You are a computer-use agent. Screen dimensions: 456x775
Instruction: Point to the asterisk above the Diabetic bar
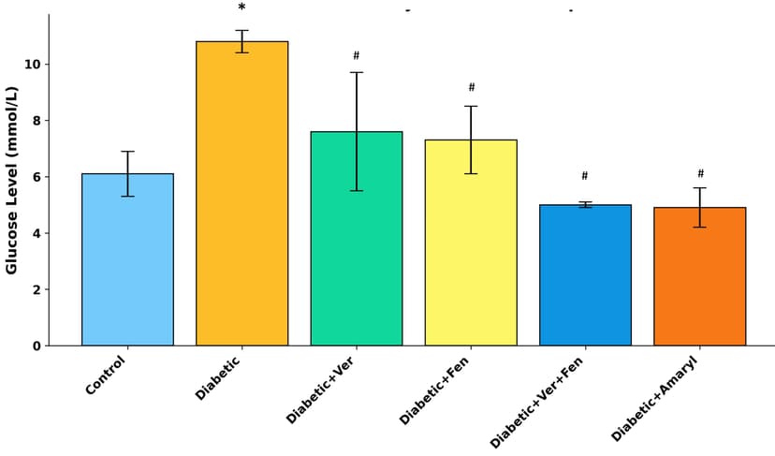pos(241,8)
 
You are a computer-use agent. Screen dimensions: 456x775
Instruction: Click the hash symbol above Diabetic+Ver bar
pos(357,56)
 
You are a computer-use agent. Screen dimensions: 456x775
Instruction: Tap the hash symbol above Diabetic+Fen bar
pos(472,88)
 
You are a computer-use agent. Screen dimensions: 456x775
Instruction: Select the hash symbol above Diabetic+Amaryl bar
pos(700,174)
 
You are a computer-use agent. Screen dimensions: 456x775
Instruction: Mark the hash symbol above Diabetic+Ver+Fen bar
pos(585,176)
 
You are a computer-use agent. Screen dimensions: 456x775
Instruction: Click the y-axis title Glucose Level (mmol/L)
pos(12,180)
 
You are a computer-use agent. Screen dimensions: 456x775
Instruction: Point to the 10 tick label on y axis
pos(32,65)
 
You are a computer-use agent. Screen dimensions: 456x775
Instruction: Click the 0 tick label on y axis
pos(37,346)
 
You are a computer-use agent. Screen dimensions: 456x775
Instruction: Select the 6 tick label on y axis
pos(37,177)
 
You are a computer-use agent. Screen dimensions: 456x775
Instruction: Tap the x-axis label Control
pos(105,375)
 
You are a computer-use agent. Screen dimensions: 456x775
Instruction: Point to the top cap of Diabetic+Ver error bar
pos(357,72)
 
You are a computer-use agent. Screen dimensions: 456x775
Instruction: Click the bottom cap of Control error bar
pos(127,196)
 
